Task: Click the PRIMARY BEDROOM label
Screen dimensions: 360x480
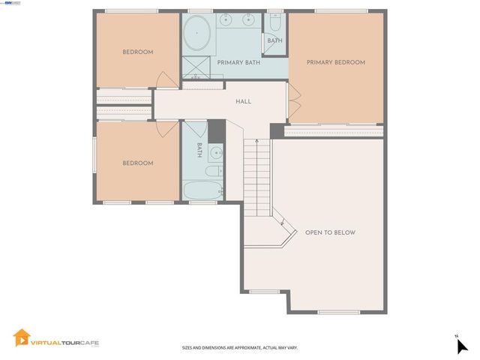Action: (335, 62)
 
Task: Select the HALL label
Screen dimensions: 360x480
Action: (243, 101)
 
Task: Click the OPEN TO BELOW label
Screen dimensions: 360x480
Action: (330, 232)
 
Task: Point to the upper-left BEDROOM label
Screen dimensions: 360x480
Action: (138, 52)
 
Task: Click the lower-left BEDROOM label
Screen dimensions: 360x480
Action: (138, 163)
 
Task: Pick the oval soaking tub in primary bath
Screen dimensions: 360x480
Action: (198, 34)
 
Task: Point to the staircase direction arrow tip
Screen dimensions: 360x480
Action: (256, 139)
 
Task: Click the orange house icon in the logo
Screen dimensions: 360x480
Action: (22, 337)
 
